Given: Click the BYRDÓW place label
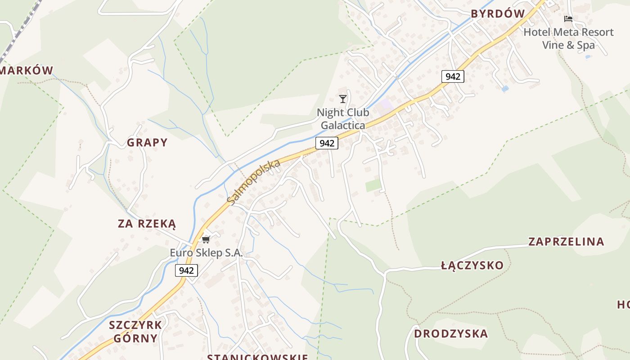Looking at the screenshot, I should [x=498, y=14].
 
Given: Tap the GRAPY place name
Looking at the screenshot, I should [x=147, y=143].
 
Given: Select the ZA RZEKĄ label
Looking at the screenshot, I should [x=147, y=224].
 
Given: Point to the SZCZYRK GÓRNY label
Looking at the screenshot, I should [x=135, y=332].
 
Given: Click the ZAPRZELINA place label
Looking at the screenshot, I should [x=566, y=242].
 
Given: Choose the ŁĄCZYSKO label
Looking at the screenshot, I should [x=472, y=265].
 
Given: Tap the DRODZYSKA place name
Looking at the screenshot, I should [x=450, y=334].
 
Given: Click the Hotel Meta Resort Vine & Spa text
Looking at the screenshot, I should [x=568, y=39].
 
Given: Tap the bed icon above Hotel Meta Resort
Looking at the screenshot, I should [x=568, y=19].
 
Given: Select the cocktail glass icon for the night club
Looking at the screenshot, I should [x=343, y=99].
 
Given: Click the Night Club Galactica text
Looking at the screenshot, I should [x=343, y=119].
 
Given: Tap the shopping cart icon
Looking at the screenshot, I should [x=206, y=239].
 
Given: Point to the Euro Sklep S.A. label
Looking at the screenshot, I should [x=206, y=253].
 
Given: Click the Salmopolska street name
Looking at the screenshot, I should [x=254, y=182].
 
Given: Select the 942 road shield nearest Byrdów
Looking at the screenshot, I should [x=452, y=76].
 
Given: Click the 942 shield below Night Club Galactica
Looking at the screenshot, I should [x=326, y=143].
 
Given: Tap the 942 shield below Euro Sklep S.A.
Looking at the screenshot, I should [x=186, y=270].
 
